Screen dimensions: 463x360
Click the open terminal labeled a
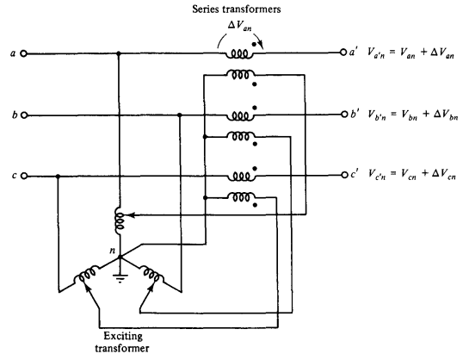click(x=23, y=53)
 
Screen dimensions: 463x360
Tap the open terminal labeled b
click(x=24, y=115)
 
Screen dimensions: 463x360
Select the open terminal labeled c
click(x=24, y=177)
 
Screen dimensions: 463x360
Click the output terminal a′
click(x=343, y=53)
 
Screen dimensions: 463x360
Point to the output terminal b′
click(x=344, y=114)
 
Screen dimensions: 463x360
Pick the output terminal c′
click(x=344, y=175)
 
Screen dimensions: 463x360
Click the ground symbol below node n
click(x=120, y=278)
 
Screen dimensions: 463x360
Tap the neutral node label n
click(x=112, y=251)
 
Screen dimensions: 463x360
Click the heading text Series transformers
click(x=236, y=9)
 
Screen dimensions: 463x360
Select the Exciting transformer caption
click(x=122, y=342)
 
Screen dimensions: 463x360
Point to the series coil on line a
click(x=239, y=54)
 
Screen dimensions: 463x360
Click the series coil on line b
click(x=240, y=115)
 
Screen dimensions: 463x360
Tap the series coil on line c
click(x=241, y=177)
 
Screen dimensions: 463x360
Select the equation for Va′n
click(x=411, y=53)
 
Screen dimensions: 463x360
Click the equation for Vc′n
click(x=412, y=174)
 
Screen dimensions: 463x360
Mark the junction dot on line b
click(x=180, y=115)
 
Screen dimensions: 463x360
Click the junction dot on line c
click(x=59, y=177)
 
